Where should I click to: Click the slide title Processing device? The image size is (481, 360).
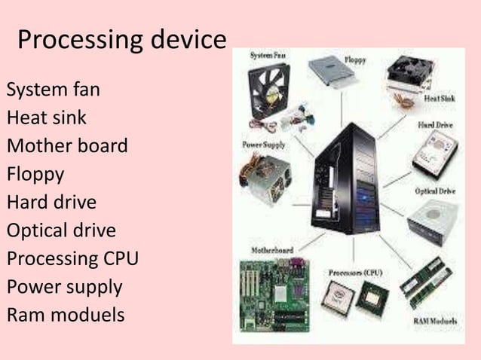coord(121,40)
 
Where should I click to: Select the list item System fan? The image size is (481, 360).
coord(53,91)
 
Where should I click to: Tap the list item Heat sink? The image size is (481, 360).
coord(46,118)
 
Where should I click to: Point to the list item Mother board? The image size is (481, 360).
coord(67,145)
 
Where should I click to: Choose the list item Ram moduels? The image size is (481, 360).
coord(65,314)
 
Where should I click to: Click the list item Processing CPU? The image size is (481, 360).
coord(72,258)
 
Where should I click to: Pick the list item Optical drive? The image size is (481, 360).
coord(61,230)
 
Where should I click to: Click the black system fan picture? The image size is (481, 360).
coord(267,87)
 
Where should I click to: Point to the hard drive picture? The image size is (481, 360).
coord(430,151)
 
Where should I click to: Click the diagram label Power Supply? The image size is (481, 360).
coord(264,144)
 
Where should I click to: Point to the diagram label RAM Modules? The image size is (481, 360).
coord(436,322)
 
